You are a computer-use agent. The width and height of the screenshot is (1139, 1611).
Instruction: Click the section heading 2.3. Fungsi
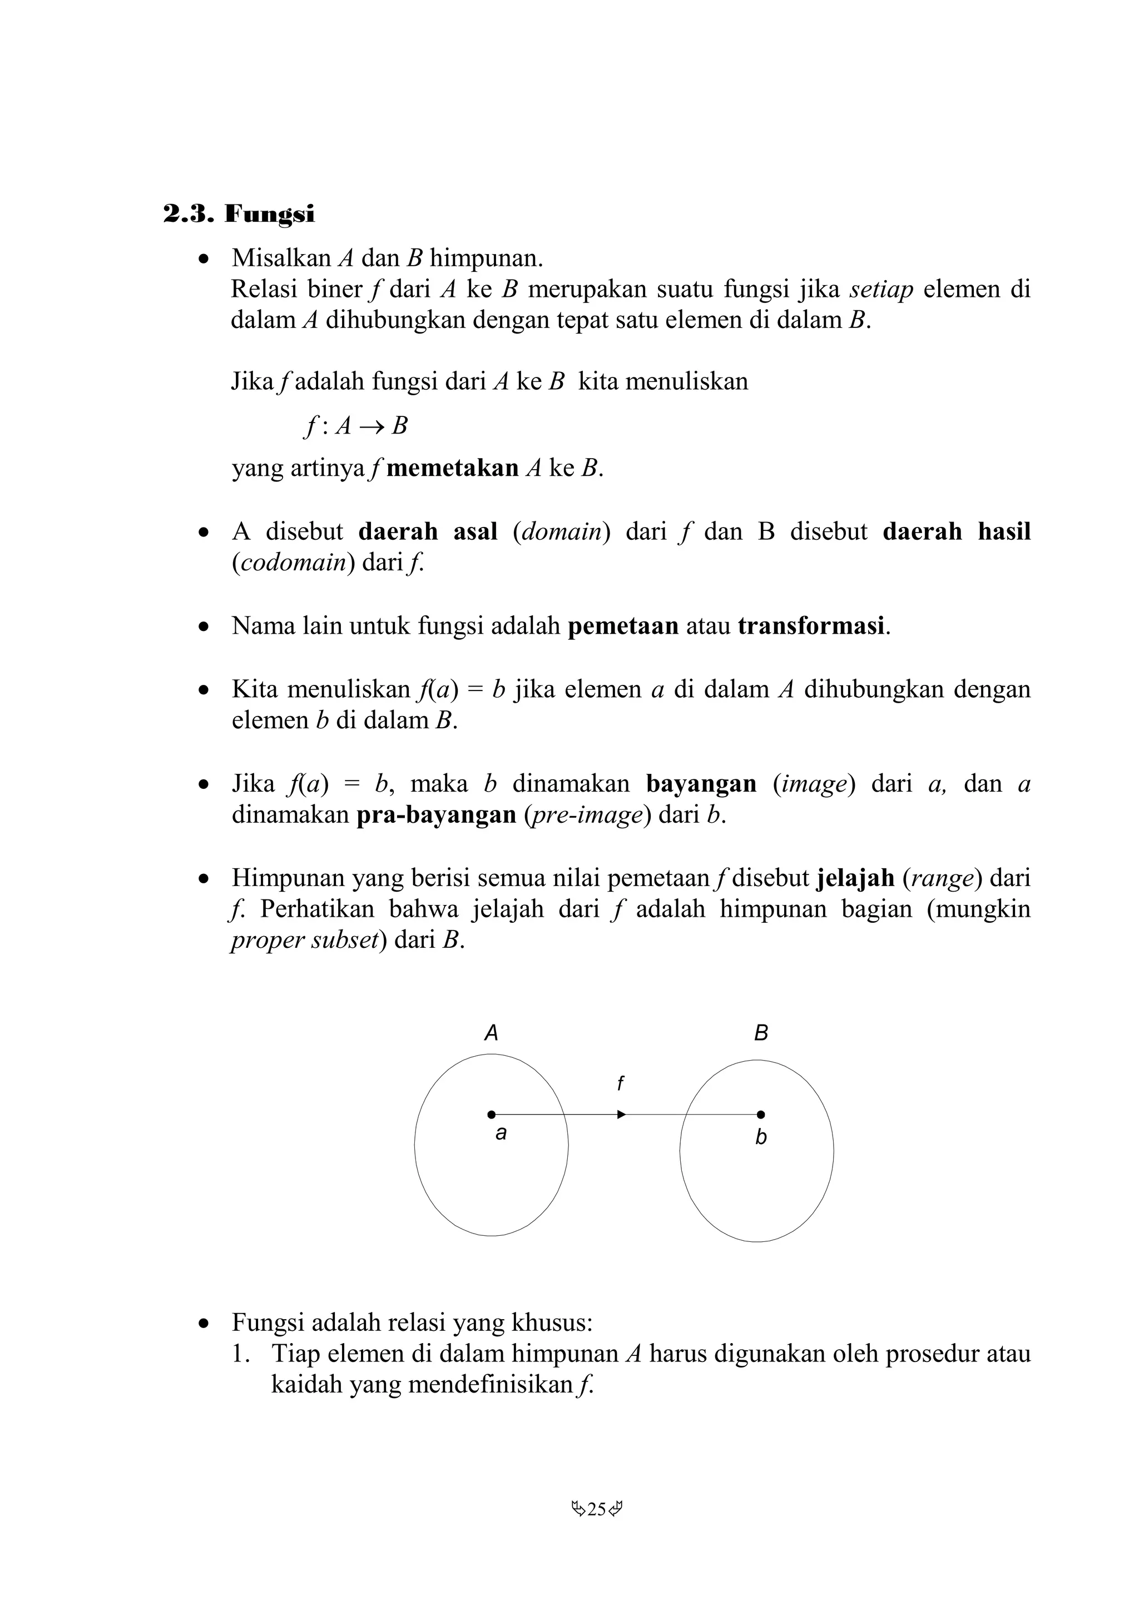click(239, 214)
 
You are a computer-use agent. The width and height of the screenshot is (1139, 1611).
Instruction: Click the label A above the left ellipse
click(491, 1033)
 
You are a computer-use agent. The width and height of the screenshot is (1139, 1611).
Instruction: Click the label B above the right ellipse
click(761, 1033)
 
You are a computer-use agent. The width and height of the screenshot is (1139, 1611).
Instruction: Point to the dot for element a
click(491, 1114)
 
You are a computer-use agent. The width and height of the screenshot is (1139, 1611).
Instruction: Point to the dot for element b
click(761, 1114)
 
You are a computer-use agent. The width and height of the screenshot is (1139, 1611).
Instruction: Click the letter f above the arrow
click(620, 1085)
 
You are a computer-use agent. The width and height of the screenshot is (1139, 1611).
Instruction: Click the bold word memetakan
click(452, 468)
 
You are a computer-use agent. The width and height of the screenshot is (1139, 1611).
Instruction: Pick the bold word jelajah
click(855, 878)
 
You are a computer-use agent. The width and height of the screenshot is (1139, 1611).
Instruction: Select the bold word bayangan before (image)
click(701, 784)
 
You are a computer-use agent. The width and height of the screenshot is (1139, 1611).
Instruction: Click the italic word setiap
click(881, 289)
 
